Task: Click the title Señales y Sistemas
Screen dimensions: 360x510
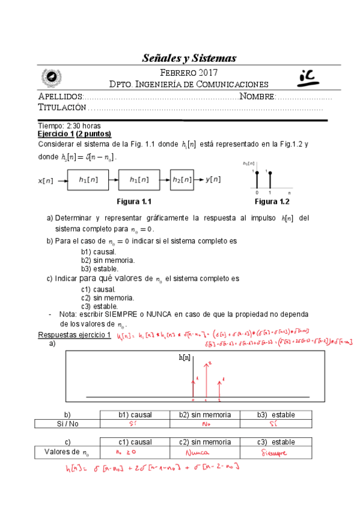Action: [x=189, y=58]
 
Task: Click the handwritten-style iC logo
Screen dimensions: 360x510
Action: [x=310, y=76]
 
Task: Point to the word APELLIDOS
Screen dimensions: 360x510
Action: [x=59, y=96]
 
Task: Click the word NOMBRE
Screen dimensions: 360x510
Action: [x=257, y=96]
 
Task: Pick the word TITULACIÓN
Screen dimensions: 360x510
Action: [x=62, y=107]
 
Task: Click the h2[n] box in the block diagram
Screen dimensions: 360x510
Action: [x=182, y=179]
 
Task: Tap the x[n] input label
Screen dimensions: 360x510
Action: [x=46, y=180]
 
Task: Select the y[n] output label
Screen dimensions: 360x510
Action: [x=213, y=179]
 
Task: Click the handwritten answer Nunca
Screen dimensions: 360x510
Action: [x=197, y=452]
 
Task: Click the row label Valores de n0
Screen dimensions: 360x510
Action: [x=67, y=452]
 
